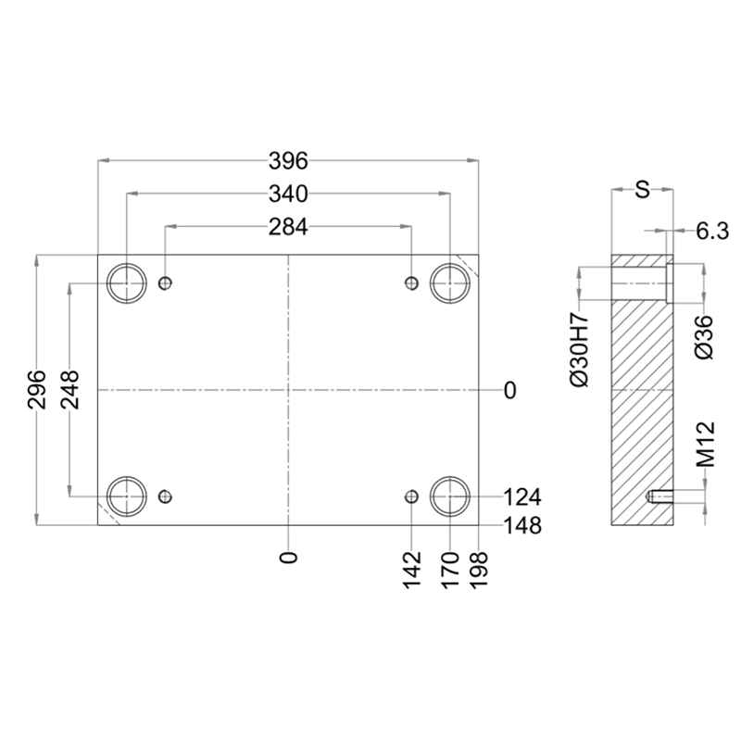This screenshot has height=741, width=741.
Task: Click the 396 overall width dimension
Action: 288,160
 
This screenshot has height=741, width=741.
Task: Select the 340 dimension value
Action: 288,194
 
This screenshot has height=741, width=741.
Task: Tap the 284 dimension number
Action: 288,227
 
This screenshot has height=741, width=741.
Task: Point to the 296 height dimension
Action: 37,390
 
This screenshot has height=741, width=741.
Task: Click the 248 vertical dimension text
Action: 70,390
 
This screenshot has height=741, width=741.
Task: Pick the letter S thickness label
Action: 642,190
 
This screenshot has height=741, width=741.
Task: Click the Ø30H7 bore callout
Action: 581,349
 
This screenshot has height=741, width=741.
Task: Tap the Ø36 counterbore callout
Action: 704,337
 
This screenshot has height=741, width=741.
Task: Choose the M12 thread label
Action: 706,445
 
